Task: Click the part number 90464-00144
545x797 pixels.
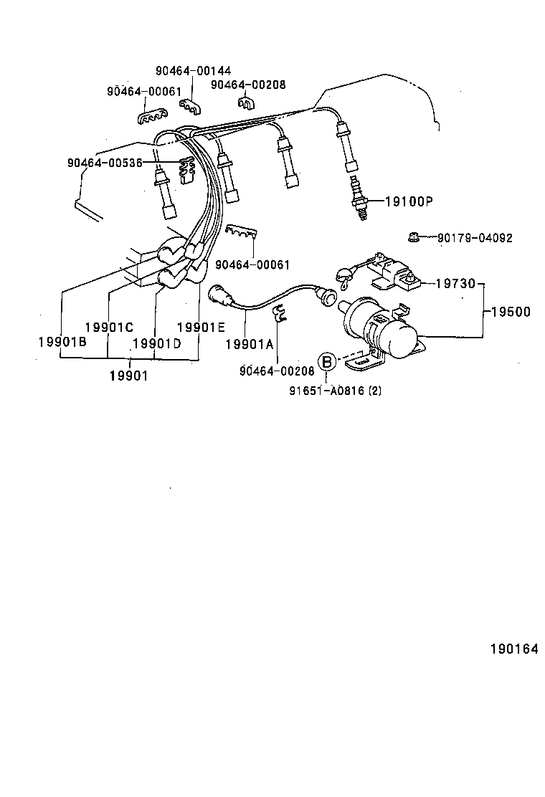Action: pyautogui.click(x=193, y=71)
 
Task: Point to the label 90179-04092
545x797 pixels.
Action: pyautogui.click(x=475, y=238)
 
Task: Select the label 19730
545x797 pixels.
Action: pyautogui.click(x=455, y=284)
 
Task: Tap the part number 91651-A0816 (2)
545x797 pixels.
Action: pyautogui.click(x=335, y=391)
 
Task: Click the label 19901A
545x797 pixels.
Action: pyautogui.click(x=249, y=344)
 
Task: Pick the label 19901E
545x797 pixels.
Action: pyautogui.click(x=201, y=327)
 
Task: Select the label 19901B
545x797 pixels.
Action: pyautogui.click(x=62, y=342)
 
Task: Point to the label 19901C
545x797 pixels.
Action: pyautogui.click(x=109, y=327)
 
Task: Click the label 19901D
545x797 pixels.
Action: pyautogui.click(x=156, y=343)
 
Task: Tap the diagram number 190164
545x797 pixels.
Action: pyautogui.click(x=513, y=649)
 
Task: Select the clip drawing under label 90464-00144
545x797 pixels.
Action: pyautogui.click(x=192, y=107)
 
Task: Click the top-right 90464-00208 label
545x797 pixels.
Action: pyautogui.click(x=248, y=84)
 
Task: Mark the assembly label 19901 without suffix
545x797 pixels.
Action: pyautogui.click(x=128, y=375)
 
